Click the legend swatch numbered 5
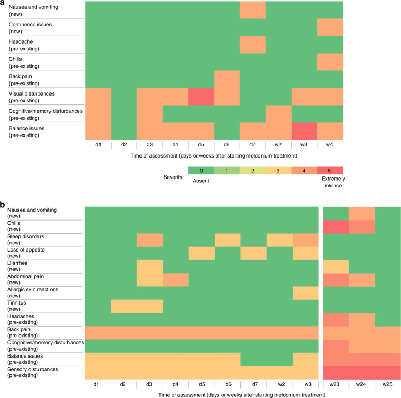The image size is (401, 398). pyautogui.click(x=330, y=170)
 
